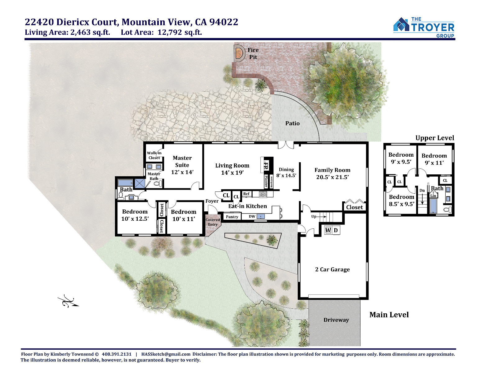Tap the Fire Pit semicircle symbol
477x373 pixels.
(x=239, y=53)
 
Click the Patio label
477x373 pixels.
(x=292, y=123)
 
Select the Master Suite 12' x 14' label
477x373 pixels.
(x=182, y=165)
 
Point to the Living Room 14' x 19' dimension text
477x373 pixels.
(x=232, y=173)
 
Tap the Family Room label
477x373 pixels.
(x=332, y=170)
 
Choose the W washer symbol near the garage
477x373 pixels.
(x=328, y=230)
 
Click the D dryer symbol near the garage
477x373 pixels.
(x=336, y=230)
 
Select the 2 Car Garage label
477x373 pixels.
(x=332, y=269)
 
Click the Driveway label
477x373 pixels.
(x=336, y=320)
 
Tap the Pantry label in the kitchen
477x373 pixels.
(x=232, y=217)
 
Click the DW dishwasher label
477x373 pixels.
(x=252, y=216)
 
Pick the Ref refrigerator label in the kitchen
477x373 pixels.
(x=246, y=194)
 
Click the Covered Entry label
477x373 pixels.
(x=213, y=222)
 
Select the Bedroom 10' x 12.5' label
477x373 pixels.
(x=135, y=215)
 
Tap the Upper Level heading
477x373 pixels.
(x=435, y=138)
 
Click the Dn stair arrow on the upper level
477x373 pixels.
(x=422, y=199)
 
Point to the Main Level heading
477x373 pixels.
(x=389, y=315)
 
